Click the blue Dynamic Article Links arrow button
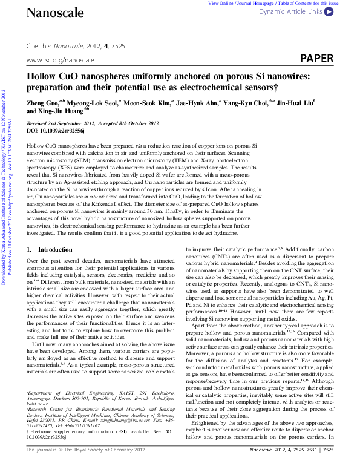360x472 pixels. [x=345, y=11]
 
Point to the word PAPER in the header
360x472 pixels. [x=317, y=58]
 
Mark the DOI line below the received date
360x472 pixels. [x=56, y=130]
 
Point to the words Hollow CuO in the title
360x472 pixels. [x=55, y=77]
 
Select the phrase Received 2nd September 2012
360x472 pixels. [x=61, y=123]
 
